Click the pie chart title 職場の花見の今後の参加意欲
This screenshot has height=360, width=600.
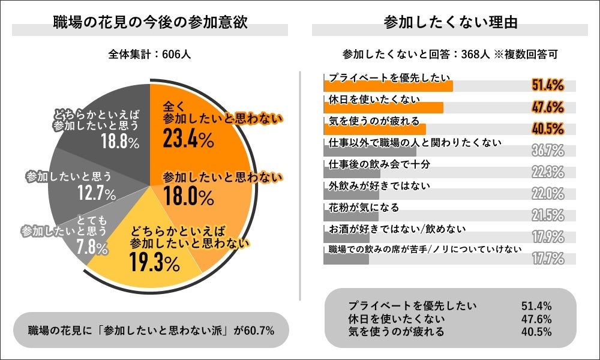tap(149, 23)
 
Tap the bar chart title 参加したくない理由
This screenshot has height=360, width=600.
tap(450, 23)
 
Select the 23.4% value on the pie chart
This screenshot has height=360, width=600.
tap(188, 140)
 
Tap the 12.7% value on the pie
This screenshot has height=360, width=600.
tap(96, 193)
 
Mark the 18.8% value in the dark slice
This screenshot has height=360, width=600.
tap(120, 142)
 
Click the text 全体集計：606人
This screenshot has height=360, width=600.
tap(150, 53)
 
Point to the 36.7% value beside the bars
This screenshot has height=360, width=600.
tap(547, 150)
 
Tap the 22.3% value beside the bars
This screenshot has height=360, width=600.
tap(547, 172)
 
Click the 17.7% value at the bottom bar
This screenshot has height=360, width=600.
tap(547, 259)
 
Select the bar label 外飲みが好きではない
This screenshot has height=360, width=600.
tap(380, 185)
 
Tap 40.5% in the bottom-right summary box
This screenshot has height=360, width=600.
tap(537, 332)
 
